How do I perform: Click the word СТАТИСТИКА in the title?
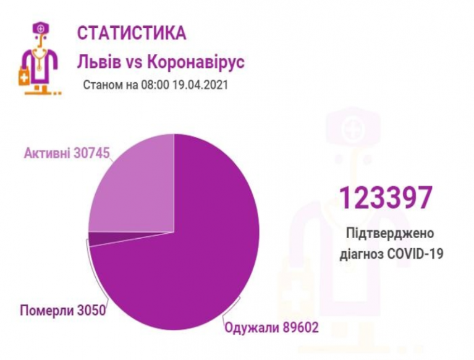click(132, 33)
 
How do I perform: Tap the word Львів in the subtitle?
click(93, 62)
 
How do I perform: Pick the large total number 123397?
click(384, 198)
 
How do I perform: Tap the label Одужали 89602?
click(271, 328)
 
